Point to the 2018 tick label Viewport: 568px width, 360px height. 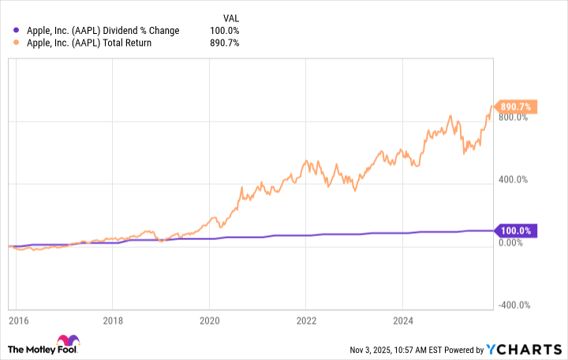pyautogui.click(x=113, y=321)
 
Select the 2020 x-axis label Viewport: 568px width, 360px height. pyautogui.click(x=209, y=321)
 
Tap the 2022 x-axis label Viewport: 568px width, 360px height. pyautogui.click(x=306, y=321)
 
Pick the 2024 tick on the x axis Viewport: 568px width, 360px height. pyautogui.click(x=402, y=321)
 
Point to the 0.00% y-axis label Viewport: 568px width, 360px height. pyautogui.click(x=511, y=242)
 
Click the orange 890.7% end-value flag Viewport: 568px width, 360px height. pyautogui.click(x=516, y=107)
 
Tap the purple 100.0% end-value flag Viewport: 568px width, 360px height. pyautogui.click(x=516, y=231)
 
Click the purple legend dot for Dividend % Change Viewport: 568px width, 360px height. pyautogui.click(x=18, y=31)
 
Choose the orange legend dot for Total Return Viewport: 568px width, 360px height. pyautogui.click(x=18, y=43)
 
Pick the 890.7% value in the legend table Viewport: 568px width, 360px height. pyautogui.click(x=225, y=43)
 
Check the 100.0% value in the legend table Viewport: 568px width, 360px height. pyautogui.click(x=225, y=31)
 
